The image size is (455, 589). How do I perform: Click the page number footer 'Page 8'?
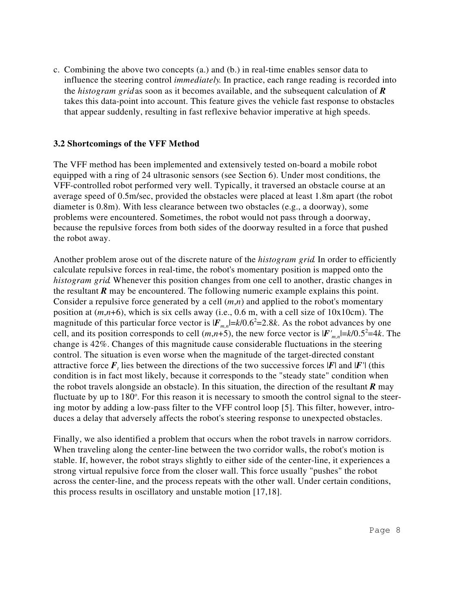[384, 531]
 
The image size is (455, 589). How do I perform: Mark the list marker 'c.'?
[57, 70]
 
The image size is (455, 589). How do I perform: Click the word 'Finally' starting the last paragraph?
[67, 439]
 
